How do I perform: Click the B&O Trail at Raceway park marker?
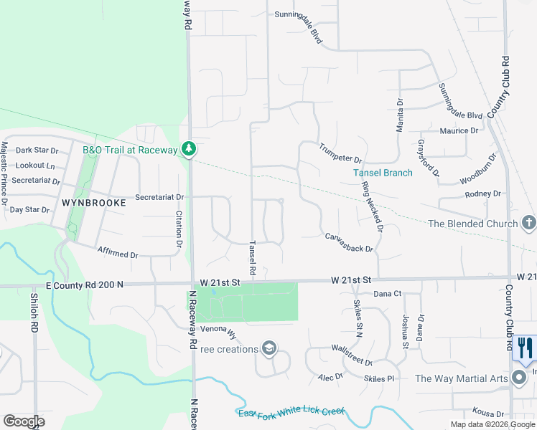[x=189, y=149]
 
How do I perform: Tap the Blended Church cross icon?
[x=528, y=223]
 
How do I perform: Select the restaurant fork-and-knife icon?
[x=525, y=348]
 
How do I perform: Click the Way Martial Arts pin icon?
[x=519, y=378]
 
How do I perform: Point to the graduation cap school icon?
[x=268, y=348]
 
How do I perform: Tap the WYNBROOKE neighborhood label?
[x=93, y=203]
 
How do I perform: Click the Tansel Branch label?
[x=383, y=173]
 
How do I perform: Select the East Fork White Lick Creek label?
[x=291, y=414]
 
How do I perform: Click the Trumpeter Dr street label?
[x=341, y=153]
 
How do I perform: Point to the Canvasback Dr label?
[x=350, y=243]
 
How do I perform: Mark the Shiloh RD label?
[x=34, y=312]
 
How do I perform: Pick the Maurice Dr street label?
[x=459, y=131]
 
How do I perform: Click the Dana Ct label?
[x=387, y=294]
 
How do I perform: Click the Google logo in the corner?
[x=24, y=421]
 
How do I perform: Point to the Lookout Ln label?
[x=35, y=166]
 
